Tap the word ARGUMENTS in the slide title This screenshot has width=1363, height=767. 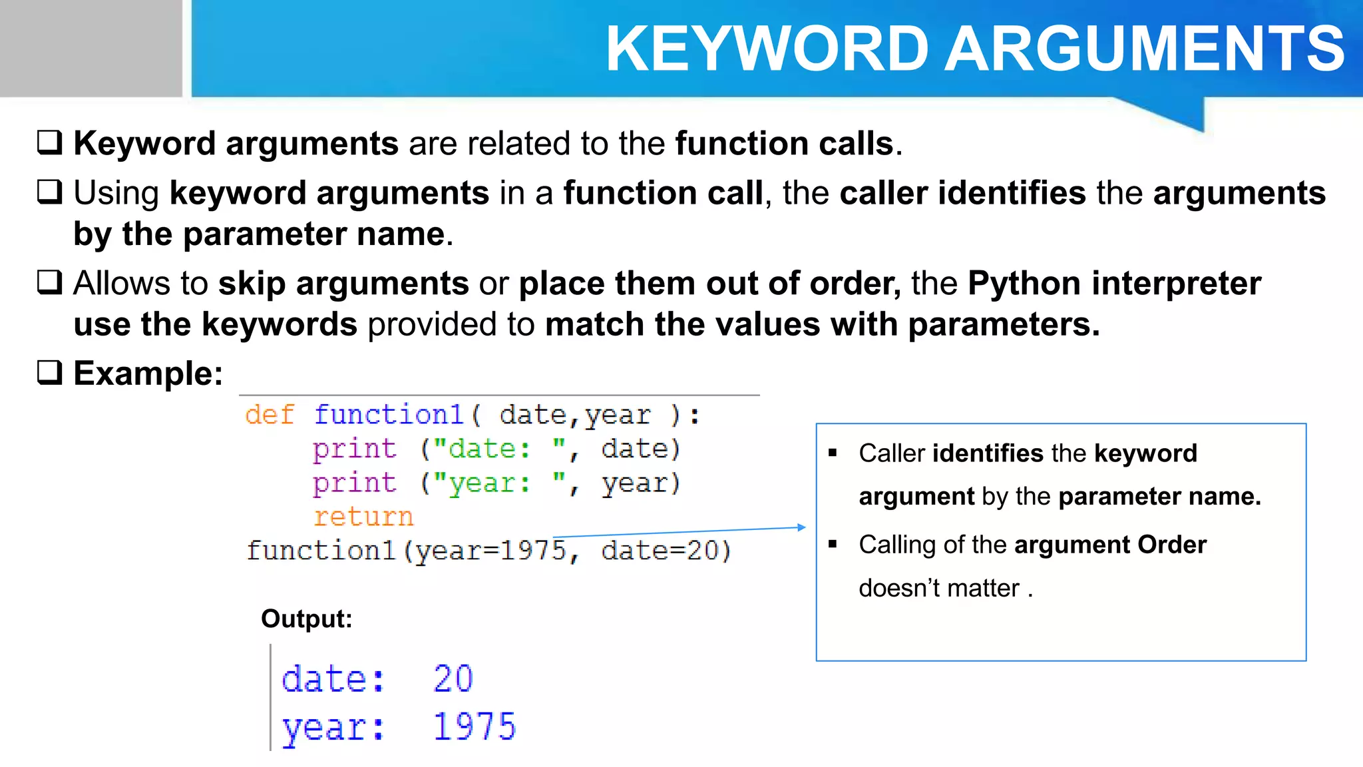[1145, 49]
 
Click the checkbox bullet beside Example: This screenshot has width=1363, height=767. [50, 372]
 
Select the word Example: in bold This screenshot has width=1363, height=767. [148, 374]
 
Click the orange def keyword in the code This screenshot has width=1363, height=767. [270, 415]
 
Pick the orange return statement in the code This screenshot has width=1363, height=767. [363, 517]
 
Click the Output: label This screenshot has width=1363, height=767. [306, 619]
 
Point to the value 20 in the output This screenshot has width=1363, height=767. [453, 679]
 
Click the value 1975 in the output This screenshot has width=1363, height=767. [475, 726]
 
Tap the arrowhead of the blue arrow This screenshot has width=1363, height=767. [802, 527]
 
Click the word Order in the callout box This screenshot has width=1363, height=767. [1172, 545]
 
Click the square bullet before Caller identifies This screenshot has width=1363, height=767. [833, 453]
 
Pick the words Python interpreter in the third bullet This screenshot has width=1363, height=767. [1115, 284]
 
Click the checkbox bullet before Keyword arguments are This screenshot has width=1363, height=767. [50, 142]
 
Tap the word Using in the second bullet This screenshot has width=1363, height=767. [116, 194]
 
